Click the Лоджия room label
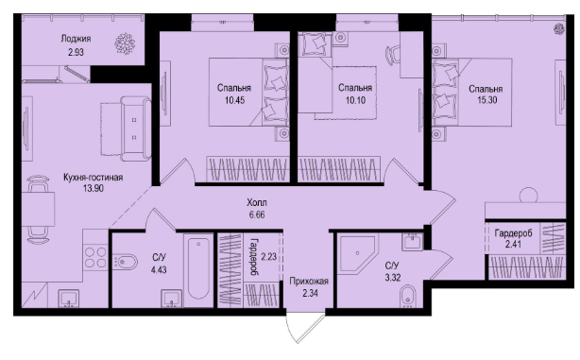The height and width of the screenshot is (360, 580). (x=76, y=39)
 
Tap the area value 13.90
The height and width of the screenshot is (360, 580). (x=94, y=188)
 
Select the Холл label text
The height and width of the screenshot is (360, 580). (x=257, y=203)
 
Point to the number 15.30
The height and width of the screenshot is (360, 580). (x=487, y=100)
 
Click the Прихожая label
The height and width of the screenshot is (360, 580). (x=309, y=282)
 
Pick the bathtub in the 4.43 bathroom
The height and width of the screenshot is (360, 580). (x=198, y=268)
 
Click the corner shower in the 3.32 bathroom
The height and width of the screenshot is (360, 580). (x=358, y=253)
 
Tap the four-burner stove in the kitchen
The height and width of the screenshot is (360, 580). (x=95, y=257)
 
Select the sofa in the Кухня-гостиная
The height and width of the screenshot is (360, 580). (x=135, y=129)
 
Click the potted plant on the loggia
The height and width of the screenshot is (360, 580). (x=125, y=43)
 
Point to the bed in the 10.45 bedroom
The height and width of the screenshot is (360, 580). (x=248, y=92)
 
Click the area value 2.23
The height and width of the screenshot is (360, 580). (x=269, y=256)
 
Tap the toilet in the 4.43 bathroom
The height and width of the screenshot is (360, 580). (x=125, y=263)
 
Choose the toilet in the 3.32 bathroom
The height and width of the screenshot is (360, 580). (x=408, y=296)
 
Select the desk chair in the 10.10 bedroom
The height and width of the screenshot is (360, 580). (x=392, y=55)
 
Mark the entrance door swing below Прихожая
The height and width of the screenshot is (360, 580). (x=305, y=329)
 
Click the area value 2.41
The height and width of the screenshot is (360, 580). (x=514, y=244)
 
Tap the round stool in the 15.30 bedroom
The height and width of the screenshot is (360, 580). (x=528, y=196)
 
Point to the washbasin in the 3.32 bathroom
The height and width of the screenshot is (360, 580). (x=412, y=241)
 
